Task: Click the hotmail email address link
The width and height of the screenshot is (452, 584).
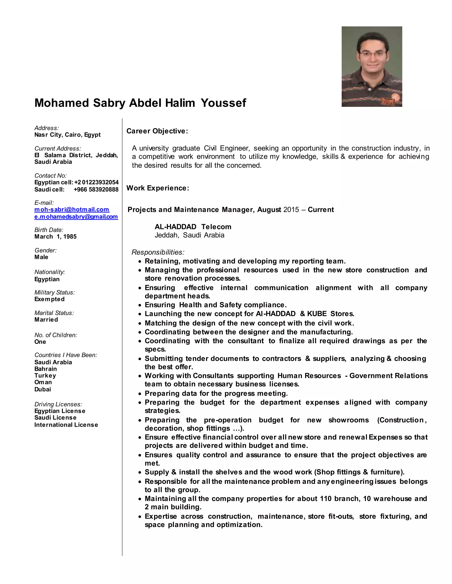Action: point(72,209)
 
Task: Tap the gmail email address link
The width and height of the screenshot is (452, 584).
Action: point(76,217)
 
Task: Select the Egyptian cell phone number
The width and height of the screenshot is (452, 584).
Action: point(96,182)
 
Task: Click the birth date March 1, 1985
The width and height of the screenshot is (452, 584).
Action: point(55,237)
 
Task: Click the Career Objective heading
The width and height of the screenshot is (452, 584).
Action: point(157,131)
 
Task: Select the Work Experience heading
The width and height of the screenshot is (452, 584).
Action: point(158,188)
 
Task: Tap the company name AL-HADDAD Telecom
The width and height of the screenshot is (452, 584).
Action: point(193,227)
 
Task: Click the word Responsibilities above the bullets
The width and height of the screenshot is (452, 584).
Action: point(158,252)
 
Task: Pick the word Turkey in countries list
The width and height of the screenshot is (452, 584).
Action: point(45,376)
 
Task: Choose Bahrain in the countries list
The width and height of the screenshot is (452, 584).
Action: point(45,369)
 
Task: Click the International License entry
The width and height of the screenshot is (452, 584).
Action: point(66,425)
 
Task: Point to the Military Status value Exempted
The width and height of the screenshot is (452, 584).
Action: point(49,299)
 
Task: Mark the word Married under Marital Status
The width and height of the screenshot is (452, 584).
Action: point(46,320)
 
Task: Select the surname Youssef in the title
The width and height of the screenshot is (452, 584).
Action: point(223,103)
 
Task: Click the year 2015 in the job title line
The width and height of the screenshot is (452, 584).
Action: point(291,210)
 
